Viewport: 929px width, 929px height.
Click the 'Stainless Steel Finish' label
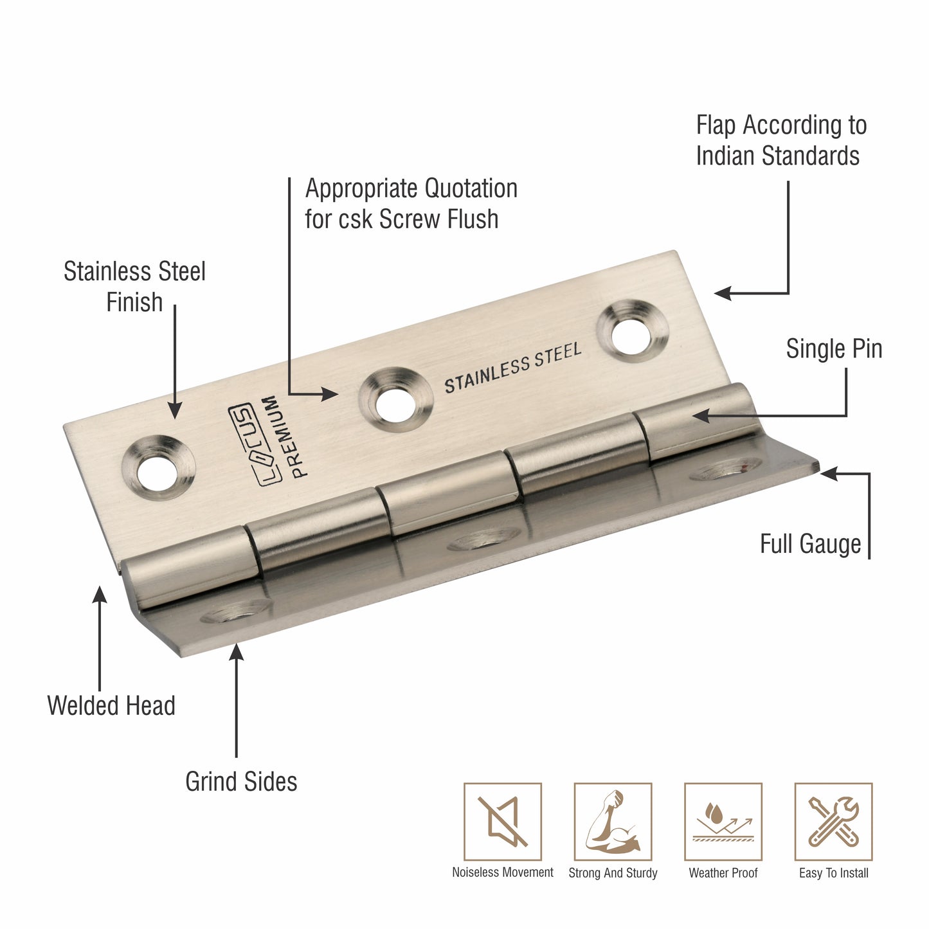(x=134, y=287)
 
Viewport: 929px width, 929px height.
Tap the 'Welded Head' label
(x=111, y=706)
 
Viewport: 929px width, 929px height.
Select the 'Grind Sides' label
(x=241, y=782)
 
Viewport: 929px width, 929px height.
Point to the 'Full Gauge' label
(x=810, y=544)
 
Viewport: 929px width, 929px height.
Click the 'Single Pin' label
(x=834, y=349)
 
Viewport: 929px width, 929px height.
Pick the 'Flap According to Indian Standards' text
(x=781, y=140)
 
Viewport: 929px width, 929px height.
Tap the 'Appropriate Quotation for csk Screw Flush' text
(x=411, y=204)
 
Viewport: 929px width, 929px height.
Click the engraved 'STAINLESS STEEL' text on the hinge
(x=513, y=368)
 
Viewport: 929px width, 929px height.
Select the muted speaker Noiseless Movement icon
(x=503, y=821)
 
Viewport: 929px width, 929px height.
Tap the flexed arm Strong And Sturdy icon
(x=613, y=821)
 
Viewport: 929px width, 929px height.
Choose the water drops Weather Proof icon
(x=723, y=821)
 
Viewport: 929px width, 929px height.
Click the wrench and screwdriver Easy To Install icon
(x=834, y=821)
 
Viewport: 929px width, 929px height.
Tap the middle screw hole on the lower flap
(x=483, y=541)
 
